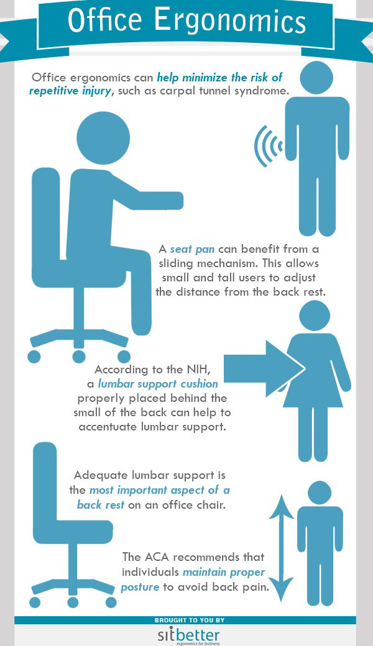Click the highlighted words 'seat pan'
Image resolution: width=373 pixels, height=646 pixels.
tap(192, 249)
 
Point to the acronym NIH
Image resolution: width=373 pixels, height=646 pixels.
tap(203, 370)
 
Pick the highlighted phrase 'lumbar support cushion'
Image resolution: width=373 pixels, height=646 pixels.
tap(159, 384)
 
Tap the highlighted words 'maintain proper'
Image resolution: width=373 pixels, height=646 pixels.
tap(224, 572)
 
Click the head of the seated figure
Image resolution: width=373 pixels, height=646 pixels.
tap(103, 138)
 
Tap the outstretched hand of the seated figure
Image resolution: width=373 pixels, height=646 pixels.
tap(173, 200)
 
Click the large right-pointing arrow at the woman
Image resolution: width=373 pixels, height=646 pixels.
tap(264, 369)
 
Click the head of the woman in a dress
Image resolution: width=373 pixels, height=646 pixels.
tap(315, 316)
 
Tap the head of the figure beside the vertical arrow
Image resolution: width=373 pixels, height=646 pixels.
tap(320, 493)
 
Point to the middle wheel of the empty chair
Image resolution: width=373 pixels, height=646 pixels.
tap(73, 602)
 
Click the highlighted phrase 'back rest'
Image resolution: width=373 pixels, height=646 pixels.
tap(101, 504)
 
